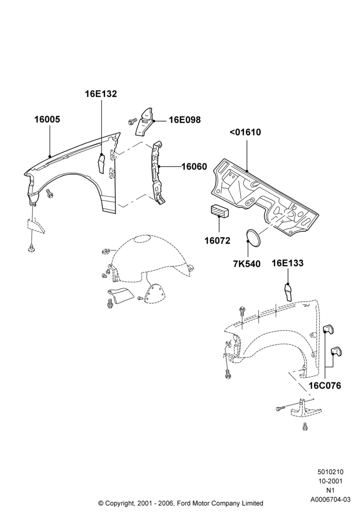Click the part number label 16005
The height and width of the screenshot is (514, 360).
[x=47, y=120]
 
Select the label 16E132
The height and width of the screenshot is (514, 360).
[x=101, y=94]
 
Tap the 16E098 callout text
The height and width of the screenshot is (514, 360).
[x=185, y=120]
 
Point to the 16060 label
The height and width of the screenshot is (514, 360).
[x=194, y=167]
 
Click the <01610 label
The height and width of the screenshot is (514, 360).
[x=245, y=133]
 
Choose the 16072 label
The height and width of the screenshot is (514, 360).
[x=218, y=241]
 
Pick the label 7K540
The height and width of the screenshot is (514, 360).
[x=247, y=264]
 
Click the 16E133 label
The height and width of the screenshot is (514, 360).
[x=287, y=263]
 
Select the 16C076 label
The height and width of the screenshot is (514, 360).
[x=325, y=386]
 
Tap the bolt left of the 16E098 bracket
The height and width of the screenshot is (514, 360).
[x=132, y=122]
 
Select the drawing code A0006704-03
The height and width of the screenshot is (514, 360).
[x=331, y=500]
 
